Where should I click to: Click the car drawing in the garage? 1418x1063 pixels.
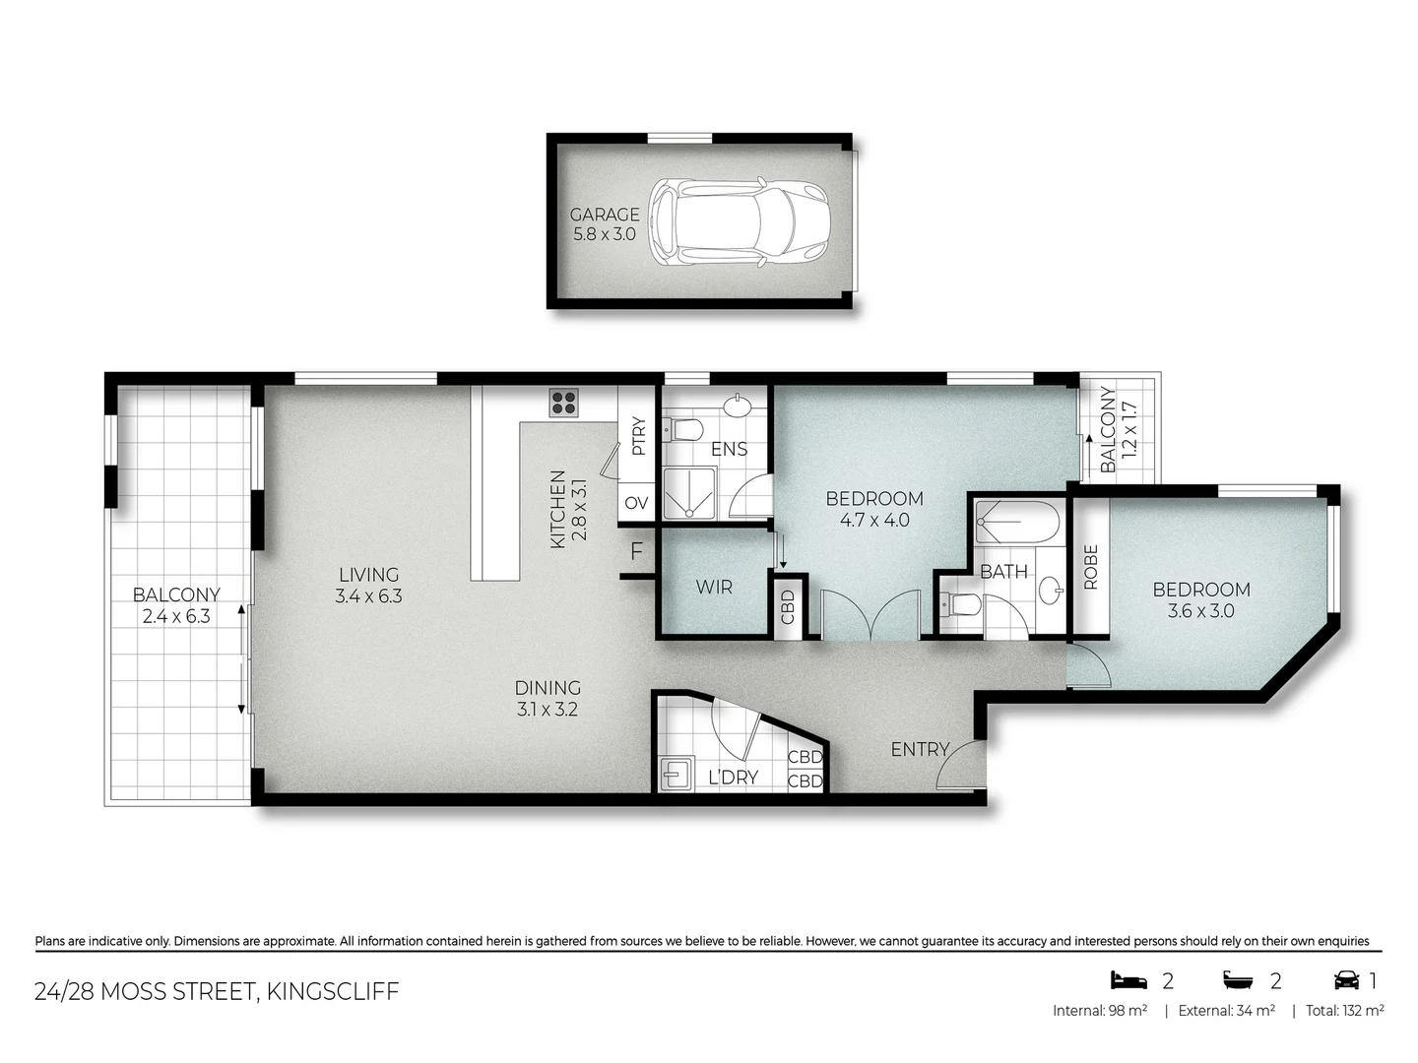[x=739, y=221]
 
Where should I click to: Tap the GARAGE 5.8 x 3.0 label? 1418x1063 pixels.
[x=605, y=224]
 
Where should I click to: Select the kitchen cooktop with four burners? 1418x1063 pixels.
[x=563, y=402]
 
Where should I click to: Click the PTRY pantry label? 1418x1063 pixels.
[x=638, y=436]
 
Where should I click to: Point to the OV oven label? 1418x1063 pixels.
[x=636, y=503]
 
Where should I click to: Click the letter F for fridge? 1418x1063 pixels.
[x=636, y=551]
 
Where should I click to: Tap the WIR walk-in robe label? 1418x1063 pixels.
[x=714, y=588]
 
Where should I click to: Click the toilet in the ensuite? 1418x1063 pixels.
[x=681, y=429]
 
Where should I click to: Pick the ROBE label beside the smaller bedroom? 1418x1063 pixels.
[x=1090, y=567]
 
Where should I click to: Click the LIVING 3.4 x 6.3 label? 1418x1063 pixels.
[x=368, y=585]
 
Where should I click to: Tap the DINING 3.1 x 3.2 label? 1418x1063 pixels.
[x=548, y=698]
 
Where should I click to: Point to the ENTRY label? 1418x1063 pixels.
[x=919, y=750]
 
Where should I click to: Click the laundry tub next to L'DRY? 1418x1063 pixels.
[x=677, y=774]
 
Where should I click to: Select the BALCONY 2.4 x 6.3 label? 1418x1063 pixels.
[x=176, y=605]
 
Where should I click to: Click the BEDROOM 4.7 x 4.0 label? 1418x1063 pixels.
[x=874, y=509]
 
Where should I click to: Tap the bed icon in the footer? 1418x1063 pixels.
[x=1128, y=980]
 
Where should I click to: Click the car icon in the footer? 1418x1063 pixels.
[x=1346, y=980]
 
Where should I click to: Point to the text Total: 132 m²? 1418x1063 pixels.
[x=1344, y=1011]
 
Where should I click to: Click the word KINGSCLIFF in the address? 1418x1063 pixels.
[x=333, y=991]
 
